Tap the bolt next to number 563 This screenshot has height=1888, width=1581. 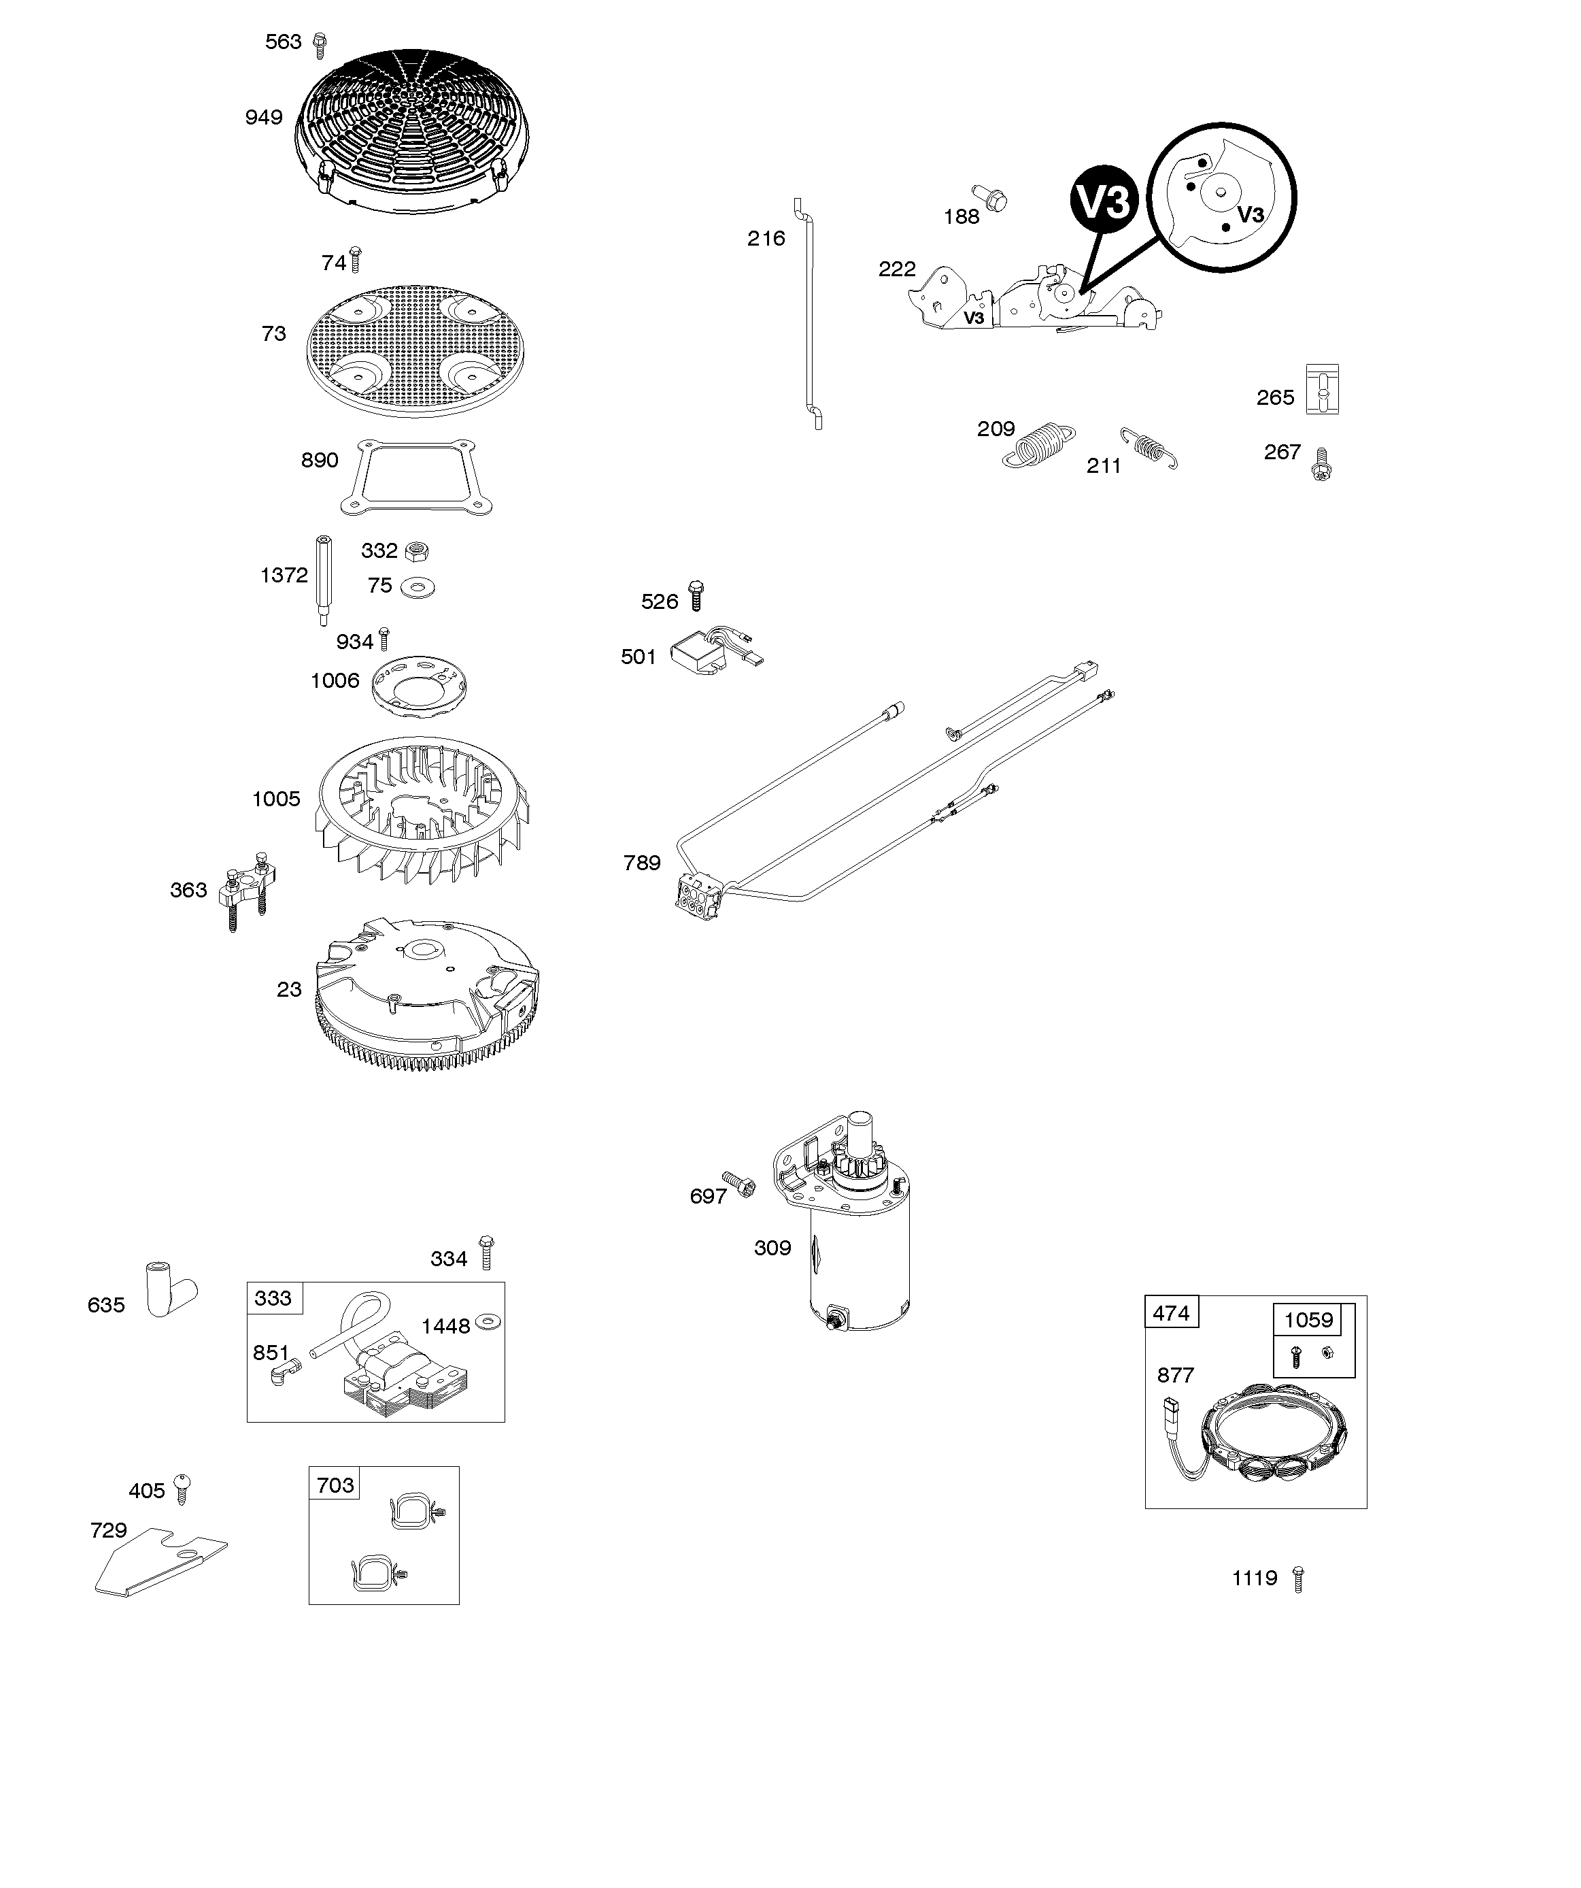click(x=319, y=44)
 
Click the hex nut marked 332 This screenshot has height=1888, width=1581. click(x=415, y=550)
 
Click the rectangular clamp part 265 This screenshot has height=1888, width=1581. click(x=1321, y=389)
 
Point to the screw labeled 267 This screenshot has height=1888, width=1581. click(x=1322, y=464)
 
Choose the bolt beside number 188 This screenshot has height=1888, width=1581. click(x=991, y=198)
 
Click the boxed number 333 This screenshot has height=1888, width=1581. click(x=273, y=1298)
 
